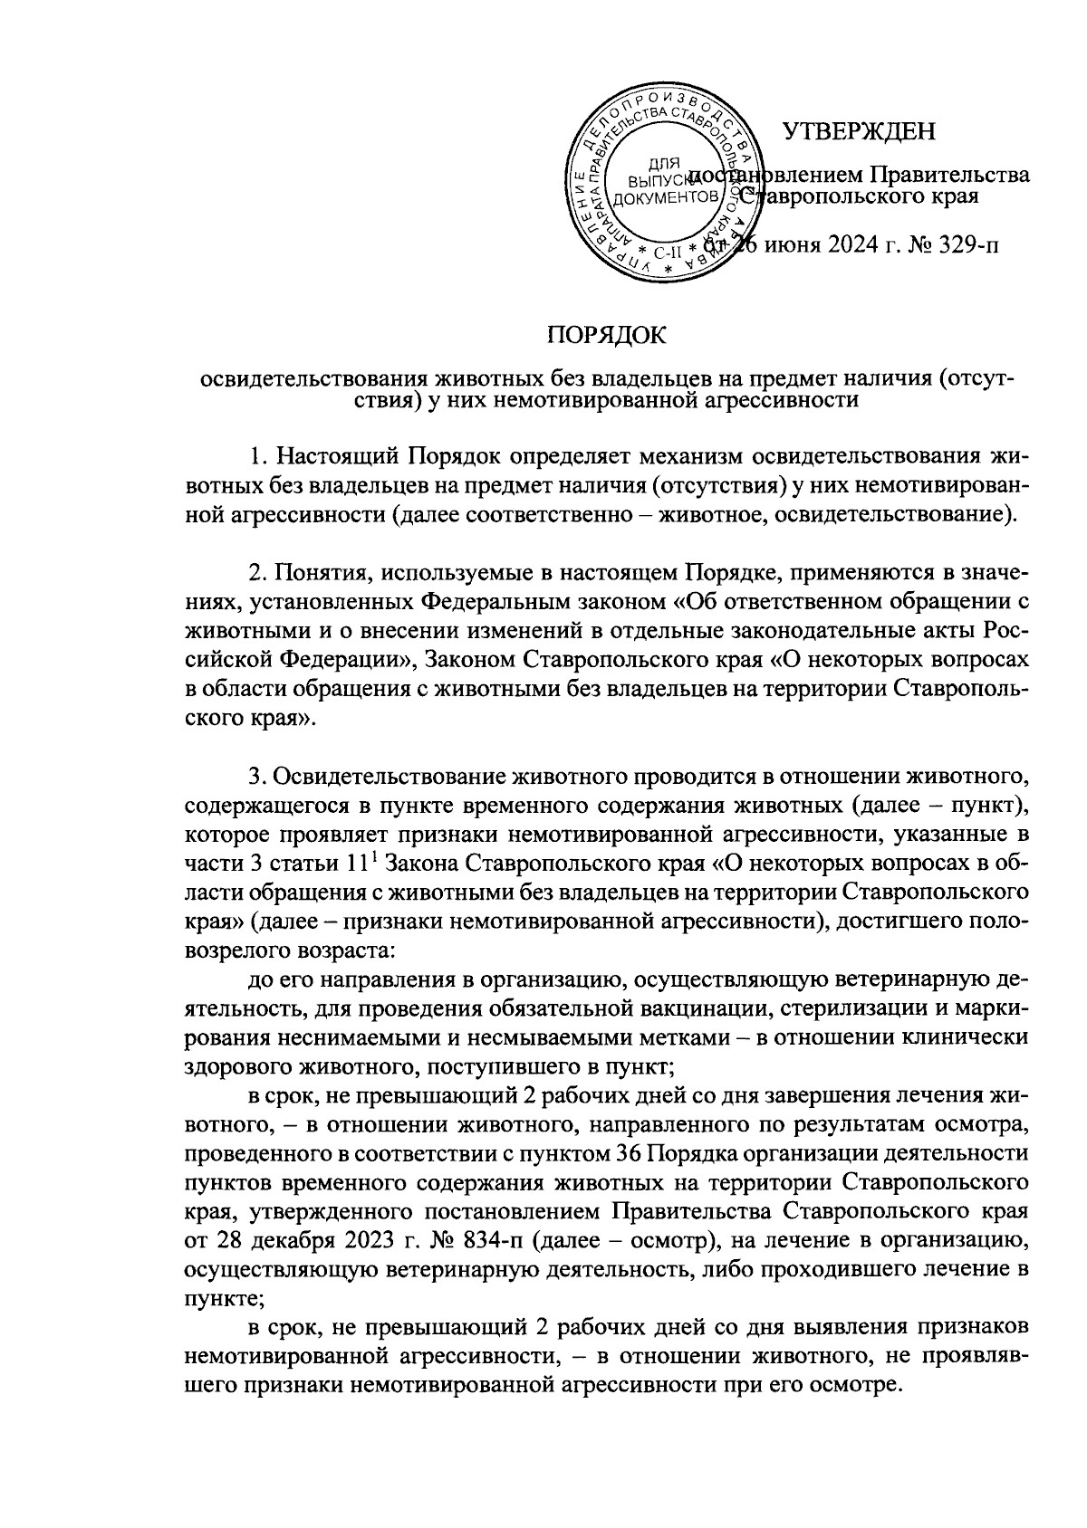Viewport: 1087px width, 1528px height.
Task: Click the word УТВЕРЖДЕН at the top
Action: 859,132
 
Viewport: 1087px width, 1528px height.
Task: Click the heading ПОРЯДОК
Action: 606,336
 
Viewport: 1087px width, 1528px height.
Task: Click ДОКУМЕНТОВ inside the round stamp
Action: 667,196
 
